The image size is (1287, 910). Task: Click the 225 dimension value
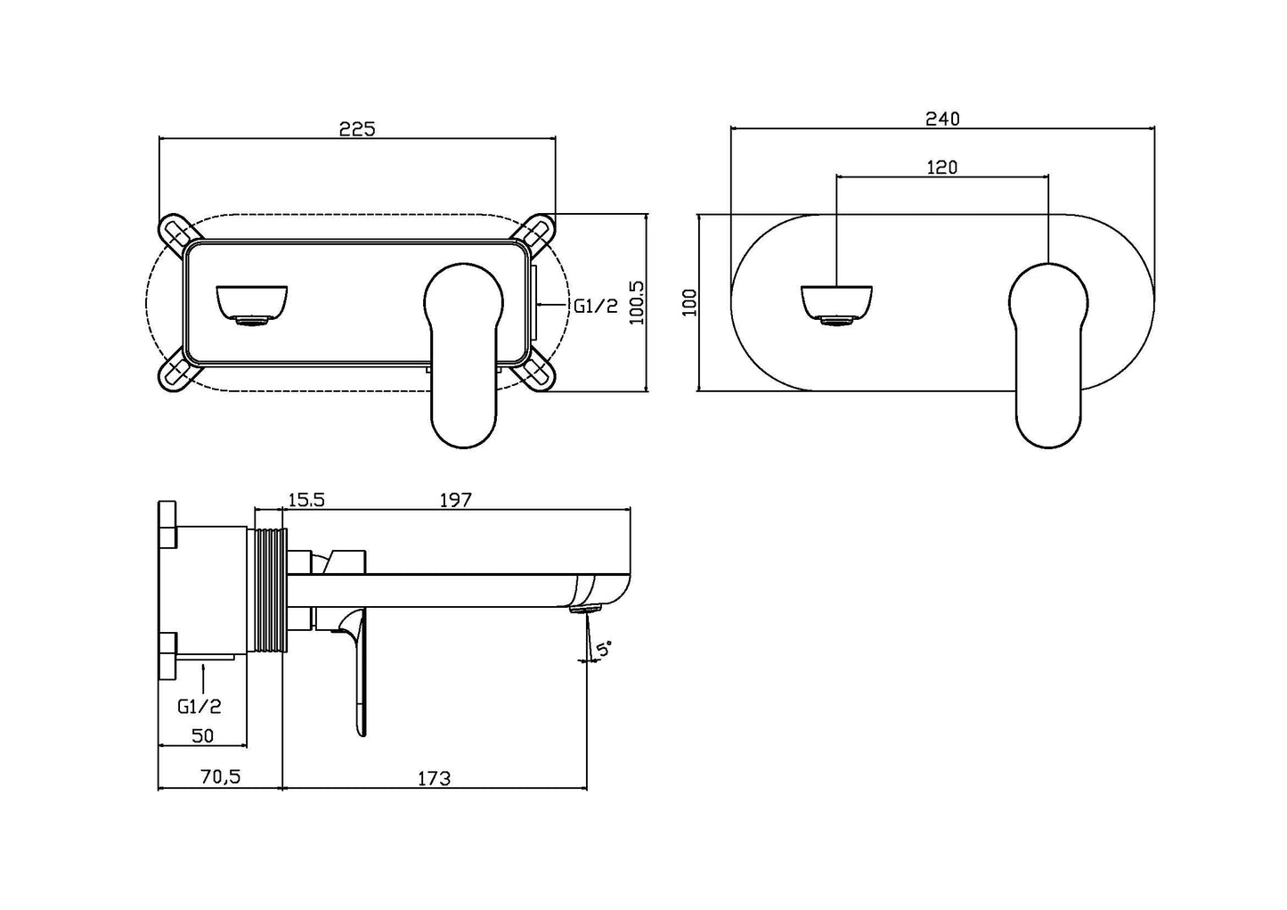tap(356, 128)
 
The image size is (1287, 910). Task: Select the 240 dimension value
tap(942, 119)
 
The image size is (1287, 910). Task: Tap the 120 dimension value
tap(941, 167)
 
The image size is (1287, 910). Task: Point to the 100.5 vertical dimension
tap(637, 302)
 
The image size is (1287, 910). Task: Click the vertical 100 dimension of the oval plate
tap(688, 302)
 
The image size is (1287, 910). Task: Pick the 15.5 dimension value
tap(305, 500)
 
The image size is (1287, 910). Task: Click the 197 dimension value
tap(455, 500)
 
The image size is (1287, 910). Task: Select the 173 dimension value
tap(434, 778)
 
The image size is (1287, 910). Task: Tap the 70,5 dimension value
tap(219, 777)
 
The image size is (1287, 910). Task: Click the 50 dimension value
tap(202, 735)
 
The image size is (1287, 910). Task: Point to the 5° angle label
tap(605, 650)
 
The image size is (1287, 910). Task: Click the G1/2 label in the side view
tap(200, 707)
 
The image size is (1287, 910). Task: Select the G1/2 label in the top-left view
tap(595, 306)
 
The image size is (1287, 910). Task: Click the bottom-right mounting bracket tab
tap(538, 375)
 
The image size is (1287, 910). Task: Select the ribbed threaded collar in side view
tap(271, 591)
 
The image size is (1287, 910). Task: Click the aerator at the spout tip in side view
tap(589, 608)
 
